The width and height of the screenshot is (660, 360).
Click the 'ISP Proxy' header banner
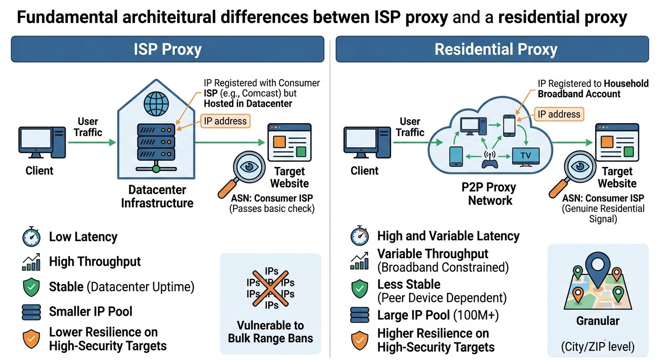tap(167, 49)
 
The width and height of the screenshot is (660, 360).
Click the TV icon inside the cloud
tap(525, 156)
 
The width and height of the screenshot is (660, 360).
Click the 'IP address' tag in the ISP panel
tap(225, 121)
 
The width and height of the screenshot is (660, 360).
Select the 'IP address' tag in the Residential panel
tap(558, 114)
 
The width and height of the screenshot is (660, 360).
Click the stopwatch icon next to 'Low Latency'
tap(31, 237)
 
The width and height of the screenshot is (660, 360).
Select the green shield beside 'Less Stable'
tap(360, 290)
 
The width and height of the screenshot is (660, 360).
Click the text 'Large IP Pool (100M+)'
tap(438, 315)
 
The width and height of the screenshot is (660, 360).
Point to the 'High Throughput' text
tap(95, 262)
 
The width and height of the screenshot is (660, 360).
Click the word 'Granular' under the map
tap(598, 321)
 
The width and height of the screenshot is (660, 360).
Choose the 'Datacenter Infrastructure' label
tap(157, 196)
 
